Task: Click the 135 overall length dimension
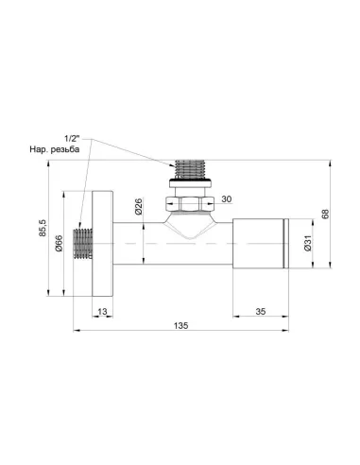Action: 180,324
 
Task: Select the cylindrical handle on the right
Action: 259,245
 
